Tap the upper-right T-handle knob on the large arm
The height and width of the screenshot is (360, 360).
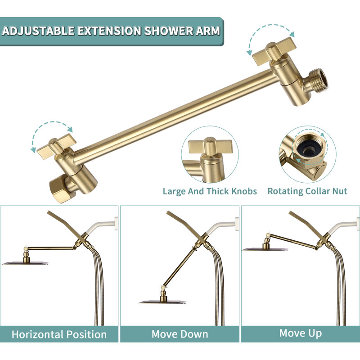[x=274, y=52]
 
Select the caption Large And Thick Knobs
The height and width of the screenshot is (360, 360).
[x=210, y=191]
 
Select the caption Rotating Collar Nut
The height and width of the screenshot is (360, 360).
[x=307, y=191]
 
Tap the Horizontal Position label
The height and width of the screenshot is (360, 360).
[x=59, y=334]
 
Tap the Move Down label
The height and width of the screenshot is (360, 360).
[x=180, y=334]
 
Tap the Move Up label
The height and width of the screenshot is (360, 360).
[x=300, y=333]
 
